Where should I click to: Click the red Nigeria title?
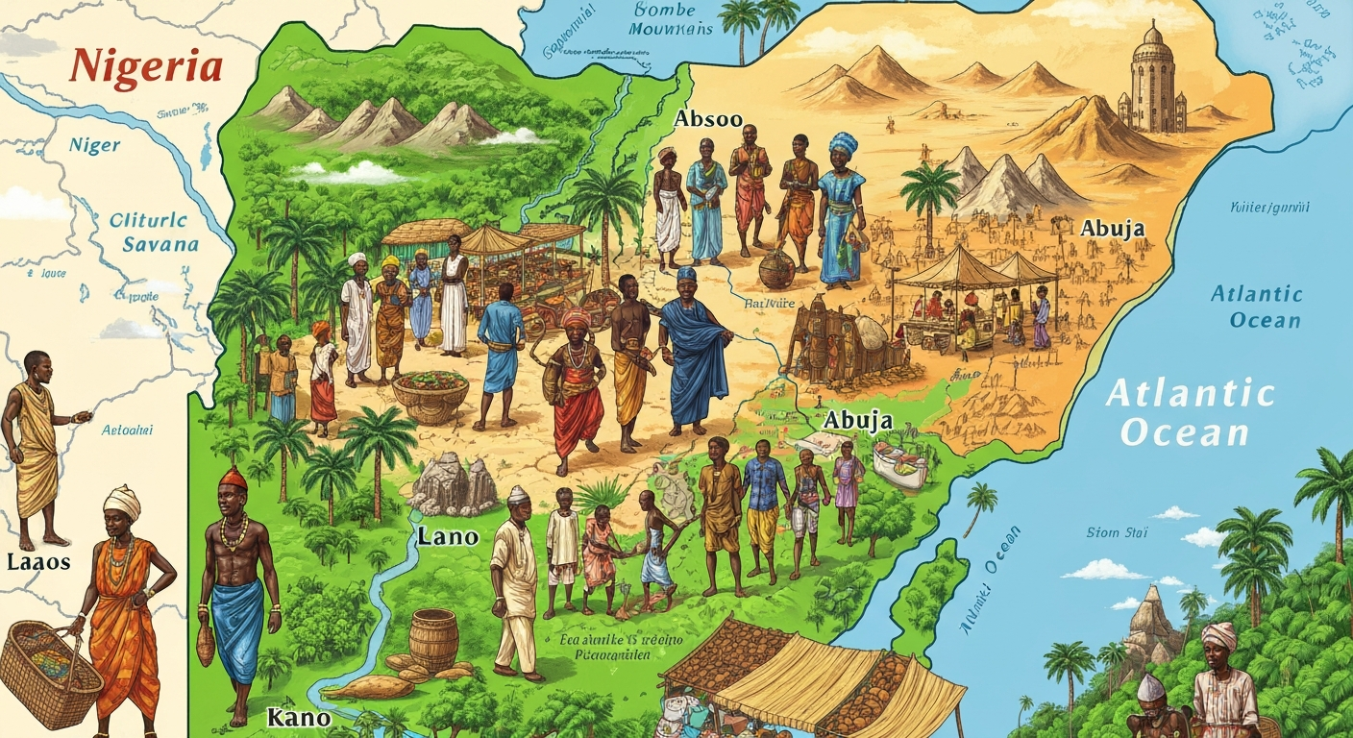(x=146, y=67)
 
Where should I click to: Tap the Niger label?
(x=94, y=146)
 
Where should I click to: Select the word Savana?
(x=160, y=244)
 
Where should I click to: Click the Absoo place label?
(x=708, y=119)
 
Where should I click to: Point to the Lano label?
(x=448, y=537)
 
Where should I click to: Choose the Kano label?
(x=299, y=717)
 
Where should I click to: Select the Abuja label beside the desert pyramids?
(x=1113, y=229)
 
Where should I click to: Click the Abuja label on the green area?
(x=858, y=421)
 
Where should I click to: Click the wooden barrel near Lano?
(x=433, y=638)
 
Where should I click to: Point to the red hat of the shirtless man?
(x=233, y=478)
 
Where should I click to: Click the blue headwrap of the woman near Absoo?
(x=843, y=144)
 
